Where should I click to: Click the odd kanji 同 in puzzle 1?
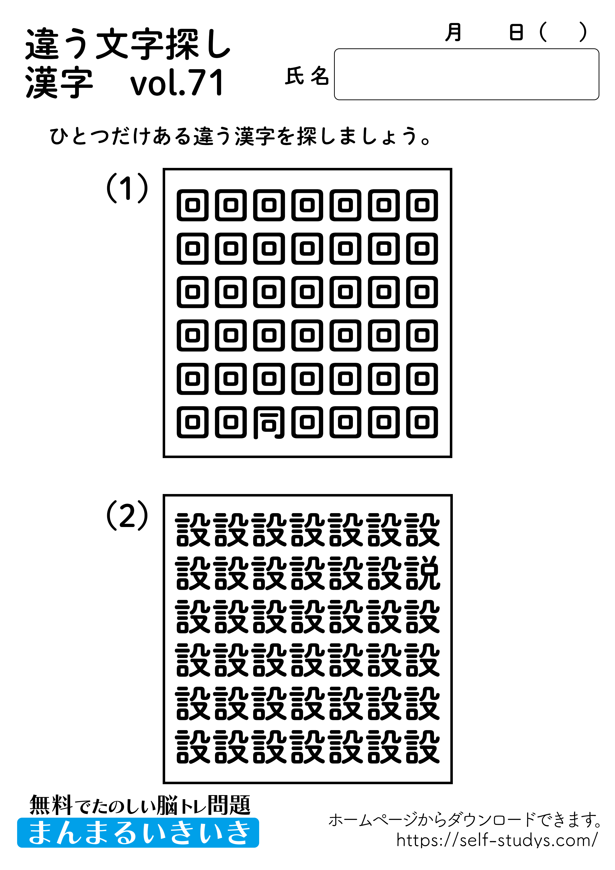coord(269,423)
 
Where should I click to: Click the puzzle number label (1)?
coord(127,188)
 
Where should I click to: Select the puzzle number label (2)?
coord(127,515)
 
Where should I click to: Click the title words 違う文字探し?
coord(128,44)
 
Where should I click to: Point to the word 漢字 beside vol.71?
coord(59,83)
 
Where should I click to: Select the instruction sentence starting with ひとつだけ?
coord(240,136)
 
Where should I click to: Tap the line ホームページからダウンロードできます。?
coord(464,820)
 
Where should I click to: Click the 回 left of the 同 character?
coord(231,423)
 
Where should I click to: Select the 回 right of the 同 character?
coord(307,423)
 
